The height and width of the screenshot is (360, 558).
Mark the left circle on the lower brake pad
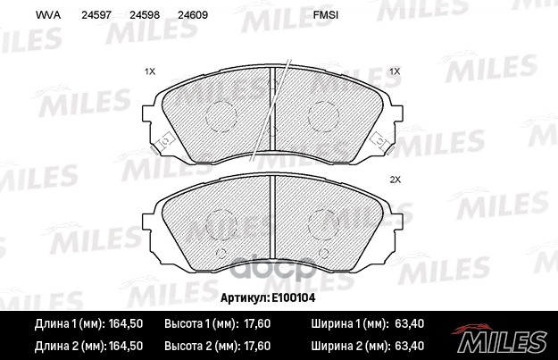coord(219,225)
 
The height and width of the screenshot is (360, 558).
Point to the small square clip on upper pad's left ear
coord(163,140)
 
